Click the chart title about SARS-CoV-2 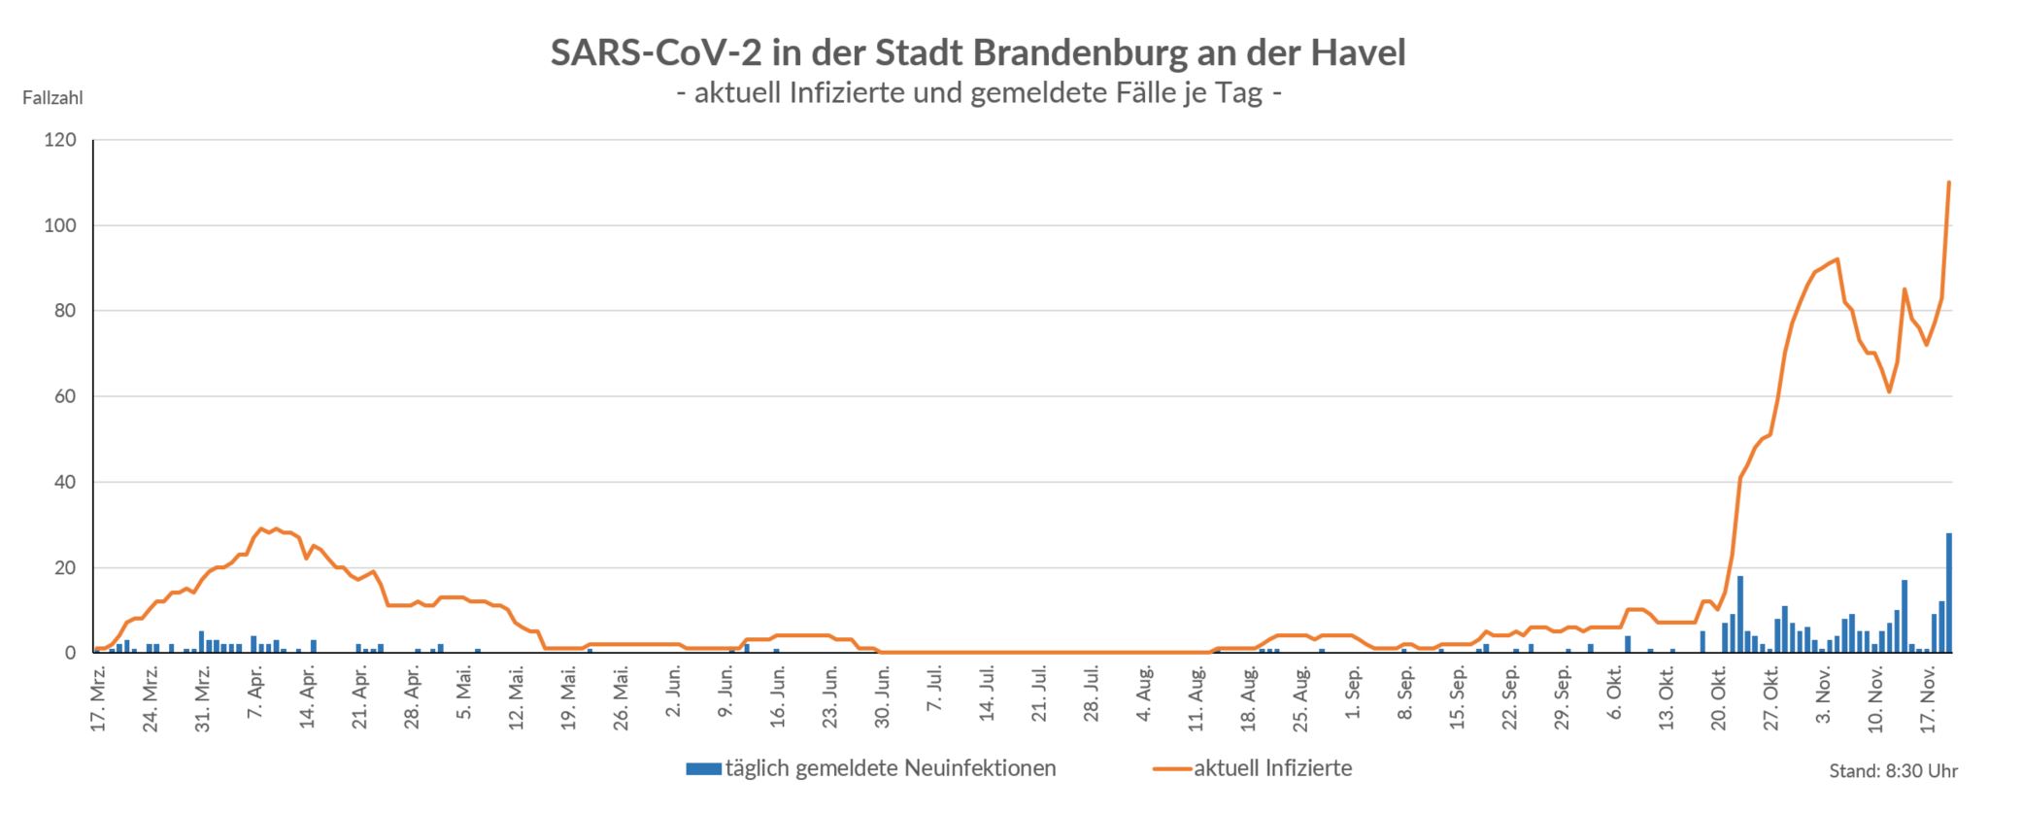(x=977, y=52)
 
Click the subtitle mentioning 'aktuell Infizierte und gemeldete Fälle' (x=977, y=94)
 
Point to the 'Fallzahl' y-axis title (x=52, y=98)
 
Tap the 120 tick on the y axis (x=59, y=141)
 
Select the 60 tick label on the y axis (x=64, y=397)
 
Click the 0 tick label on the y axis (x=70, y=654)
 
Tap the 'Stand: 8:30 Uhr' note (x=1893, y=771)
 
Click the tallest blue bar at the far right (x=1948, y=593)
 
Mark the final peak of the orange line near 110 (x=1949, y=183)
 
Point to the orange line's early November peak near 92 (x=1837, y=259)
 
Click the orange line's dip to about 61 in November (x=1889, y=391)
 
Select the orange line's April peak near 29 (x=260, y=529)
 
